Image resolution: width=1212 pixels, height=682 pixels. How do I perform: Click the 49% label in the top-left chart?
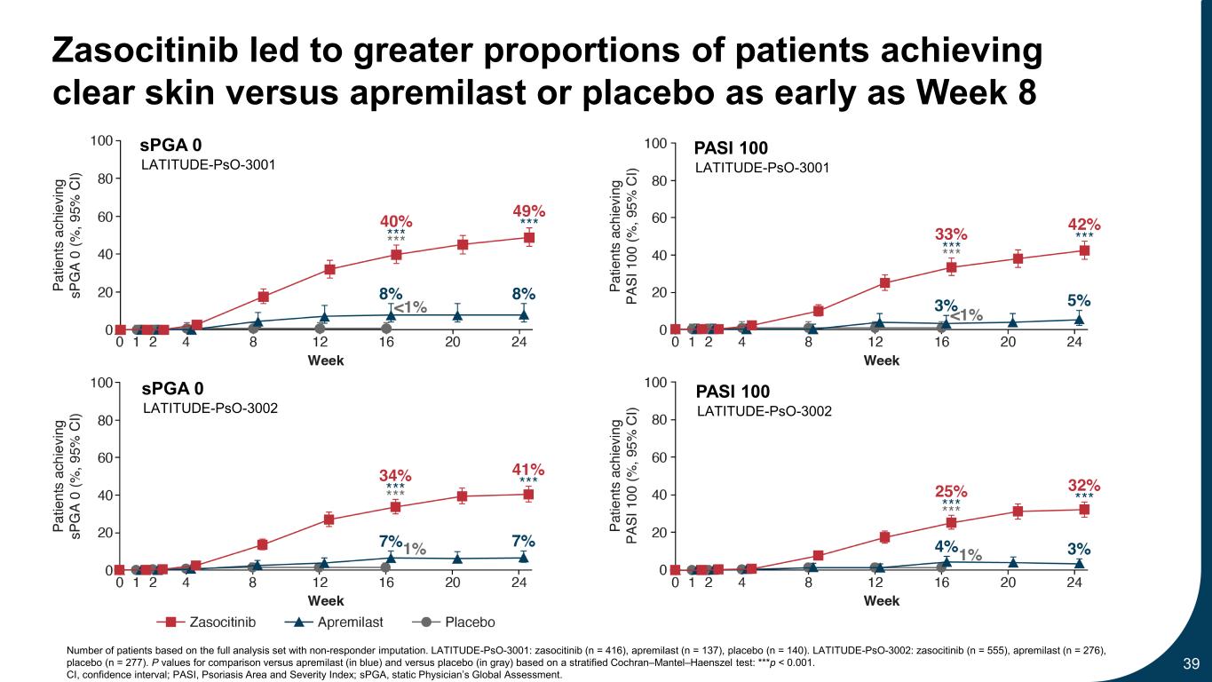point(528,210)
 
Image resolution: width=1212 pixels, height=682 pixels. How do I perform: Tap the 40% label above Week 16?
point(396,220)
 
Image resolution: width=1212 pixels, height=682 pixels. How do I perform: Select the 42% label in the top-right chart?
point(1084,225)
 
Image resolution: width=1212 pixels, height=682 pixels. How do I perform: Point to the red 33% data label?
point(951,234)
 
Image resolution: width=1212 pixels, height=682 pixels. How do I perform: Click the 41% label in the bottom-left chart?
point(528,469)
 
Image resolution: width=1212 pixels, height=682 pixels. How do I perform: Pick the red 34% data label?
point(395,475)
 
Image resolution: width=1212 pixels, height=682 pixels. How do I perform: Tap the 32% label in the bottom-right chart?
point(1084,486)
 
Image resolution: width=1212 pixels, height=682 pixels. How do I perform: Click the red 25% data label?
point(951,491)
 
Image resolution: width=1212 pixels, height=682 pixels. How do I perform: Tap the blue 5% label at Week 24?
point(1079,301)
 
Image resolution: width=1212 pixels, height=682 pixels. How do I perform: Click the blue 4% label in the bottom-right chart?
point(946,545)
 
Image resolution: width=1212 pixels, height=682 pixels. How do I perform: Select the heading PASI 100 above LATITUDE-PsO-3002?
point(733,392)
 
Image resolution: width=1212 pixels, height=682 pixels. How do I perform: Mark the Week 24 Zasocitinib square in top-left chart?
point(528,237)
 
